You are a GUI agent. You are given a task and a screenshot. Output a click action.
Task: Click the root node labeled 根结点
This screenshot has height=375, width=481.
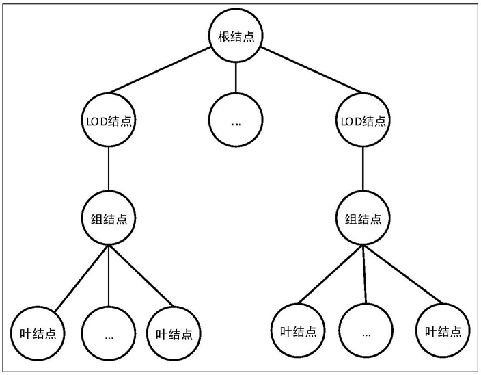pyautogui.click(x=236, y=36)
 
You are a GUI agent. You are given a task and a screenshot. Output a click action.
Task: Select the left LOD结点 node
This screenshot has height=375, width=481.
pyautogui.click(x=109, y=120)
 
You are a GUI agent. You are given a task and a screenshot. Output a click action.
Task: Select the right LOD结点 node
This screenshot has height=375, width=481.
pyautogui.click(x=363, y=120)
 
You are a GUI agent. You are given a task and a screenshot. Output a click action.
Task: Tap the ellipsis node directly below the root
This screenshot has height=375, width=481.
pyautogui.click(x=236, y=120)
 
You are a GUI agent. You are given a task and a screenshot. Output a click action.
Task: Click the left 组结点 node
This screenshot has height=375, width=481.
pyautogui.click(x=109, y=218)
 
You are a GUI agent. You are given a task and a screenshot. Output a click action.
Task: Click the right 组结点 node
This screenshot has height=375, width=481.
pyautogui.click(x=363, y=218)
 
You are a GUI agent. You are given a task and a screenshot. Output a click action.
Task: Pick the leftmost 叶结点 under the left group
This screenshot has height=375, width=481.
pyautogui.click(x=38, y=333)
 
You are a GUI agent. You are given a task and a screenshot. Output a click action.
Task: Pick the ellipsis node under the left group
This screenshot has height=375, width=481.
pyautogui.click(x=109, y=333)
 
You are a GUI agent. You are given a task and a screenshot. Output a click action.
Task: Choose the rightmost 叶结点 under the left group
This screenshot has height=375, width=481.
pyautogui.click(x=174, y=333)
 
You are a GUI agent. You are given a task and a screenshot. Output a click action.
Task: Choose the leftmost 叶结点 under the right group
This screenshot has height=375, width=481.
pyautogui.click(x=298, y=331)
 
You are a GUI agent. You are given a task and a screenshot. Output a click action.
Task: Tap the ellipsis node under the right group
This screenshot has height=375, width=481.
pyautogui.click(x=366, y=331)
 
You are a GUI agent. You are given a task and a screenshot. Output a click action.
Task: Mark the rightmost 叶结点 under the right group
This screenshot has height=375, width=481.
pyautogui.click(x=443, y=331)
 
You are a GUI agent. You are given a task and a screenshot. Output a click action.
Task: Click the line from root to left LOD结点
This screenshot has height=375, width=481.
pyautogui.click(x=160, y=70)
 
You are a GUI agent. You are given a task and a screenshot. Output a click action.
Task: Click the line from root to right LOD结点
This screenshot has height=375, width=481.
pyautogui.click(x=312, y=70)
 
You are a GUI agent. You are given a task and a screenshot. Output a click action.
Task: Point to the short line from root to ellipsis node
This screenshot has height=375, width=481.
pyautogui.click(x=236, y=78)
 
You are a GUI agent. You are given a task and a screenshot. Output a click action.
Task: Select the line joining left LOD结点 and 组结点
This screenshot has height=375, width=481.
pyautogui.click(x=109, y=168)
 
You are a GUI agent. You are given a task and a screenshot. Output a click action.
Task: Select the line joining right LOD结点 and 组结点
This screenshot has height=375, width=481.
pyautogui.click(x=363, y=168)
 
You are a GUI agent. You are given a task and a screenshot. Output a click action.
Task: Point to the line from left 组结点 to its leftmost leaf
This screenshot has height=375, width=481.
pyautogui.click(x=81, y=279)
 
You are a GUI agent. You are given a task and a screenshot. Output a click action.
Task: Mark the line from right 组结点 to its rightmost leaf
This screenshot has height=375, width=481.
pyautogui.click(x=402, y=274)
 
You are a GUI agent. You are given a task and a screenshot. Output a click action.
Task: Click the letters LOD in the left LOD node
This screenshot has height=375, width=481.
pyautogui.click(x=96, y=122)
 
